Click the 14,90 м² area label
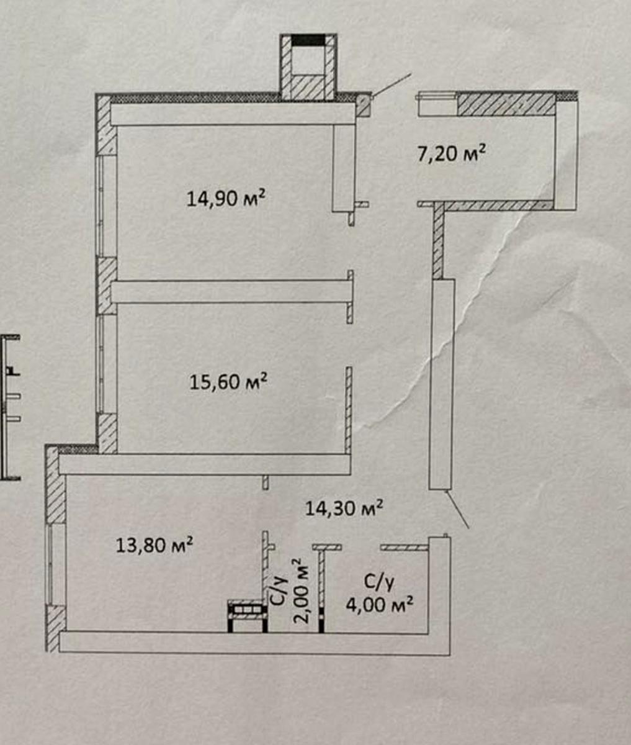point(226,198)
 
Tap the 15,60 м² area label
point(228,381)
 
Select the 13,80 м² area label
point(154,544)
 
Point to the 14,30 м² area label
point(344,508)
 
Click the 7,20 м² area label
point(451,153)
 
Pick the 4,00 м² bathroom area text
point(379,605)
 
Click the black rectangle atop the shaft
point(308,40)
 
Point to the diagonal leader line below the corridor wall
point(458,509)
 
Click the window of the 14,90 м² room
point(101,205)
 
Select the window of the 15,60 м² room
point(101,364)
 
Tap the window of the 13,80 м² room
point(50,564)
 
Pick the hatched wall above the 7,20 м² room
point(506,104)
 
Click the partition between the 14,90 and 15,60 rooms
point(231,292)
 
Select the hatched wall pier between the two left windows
point(107,286)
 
